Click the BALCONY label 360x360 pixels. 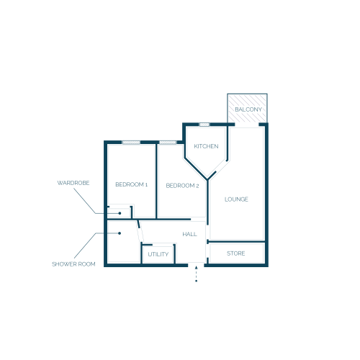click(x=248, y=109)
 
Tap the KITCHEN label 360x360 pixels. click(x=206, y=146)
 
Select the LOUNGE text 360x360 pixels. click(x=236, y=199)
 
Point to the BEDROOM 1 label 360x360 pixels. click(x=131, y=184)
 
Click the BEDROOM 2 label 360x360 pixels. click(x=182, y=186)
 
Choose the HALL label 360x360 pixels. click(x=189, y=234)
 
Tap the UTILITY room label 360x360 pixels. click(x=158, y=254)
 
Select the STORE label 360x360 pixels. click(x=236, y=253)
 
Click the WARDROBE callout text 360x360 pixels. click(x=73, y=183)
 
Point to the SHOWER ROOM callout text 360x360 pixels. click(x=73, y=264)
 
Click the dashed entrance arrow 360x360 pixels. click(x=196, y=274)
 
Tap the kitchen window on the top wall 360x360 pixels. click(x=204, y=125)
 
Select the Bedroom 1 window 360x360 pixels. click(x=131, y=143)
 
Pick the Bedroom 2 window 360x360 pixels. click(x=168, y=143)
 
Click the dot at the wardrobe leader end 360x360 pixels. click(x=120, y=213)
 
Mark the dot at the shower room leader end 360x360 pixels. click(x=120, y=233)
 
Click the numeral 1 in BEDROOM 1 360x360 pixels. click(x=146, y=185)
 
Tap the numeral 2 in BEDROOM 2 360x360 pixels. click(x=197, y=186)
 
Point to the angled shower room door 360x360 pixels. click(x=140, y=232)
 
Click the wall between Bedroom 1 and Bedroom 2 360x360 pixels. click(x=156, y=181)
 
